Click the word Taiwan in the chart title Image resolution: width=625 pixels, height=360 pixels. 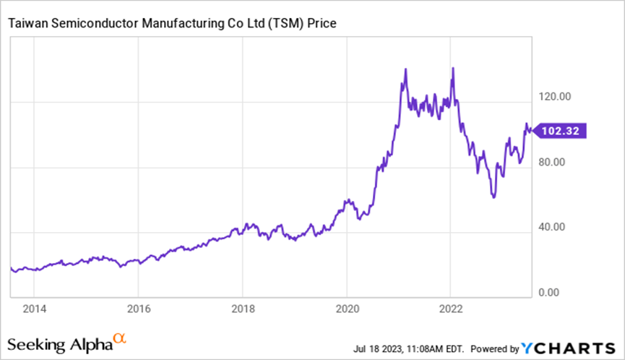(27, 24)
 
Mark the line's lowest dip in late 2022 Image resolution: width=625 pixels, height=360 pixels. (493, 197)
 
